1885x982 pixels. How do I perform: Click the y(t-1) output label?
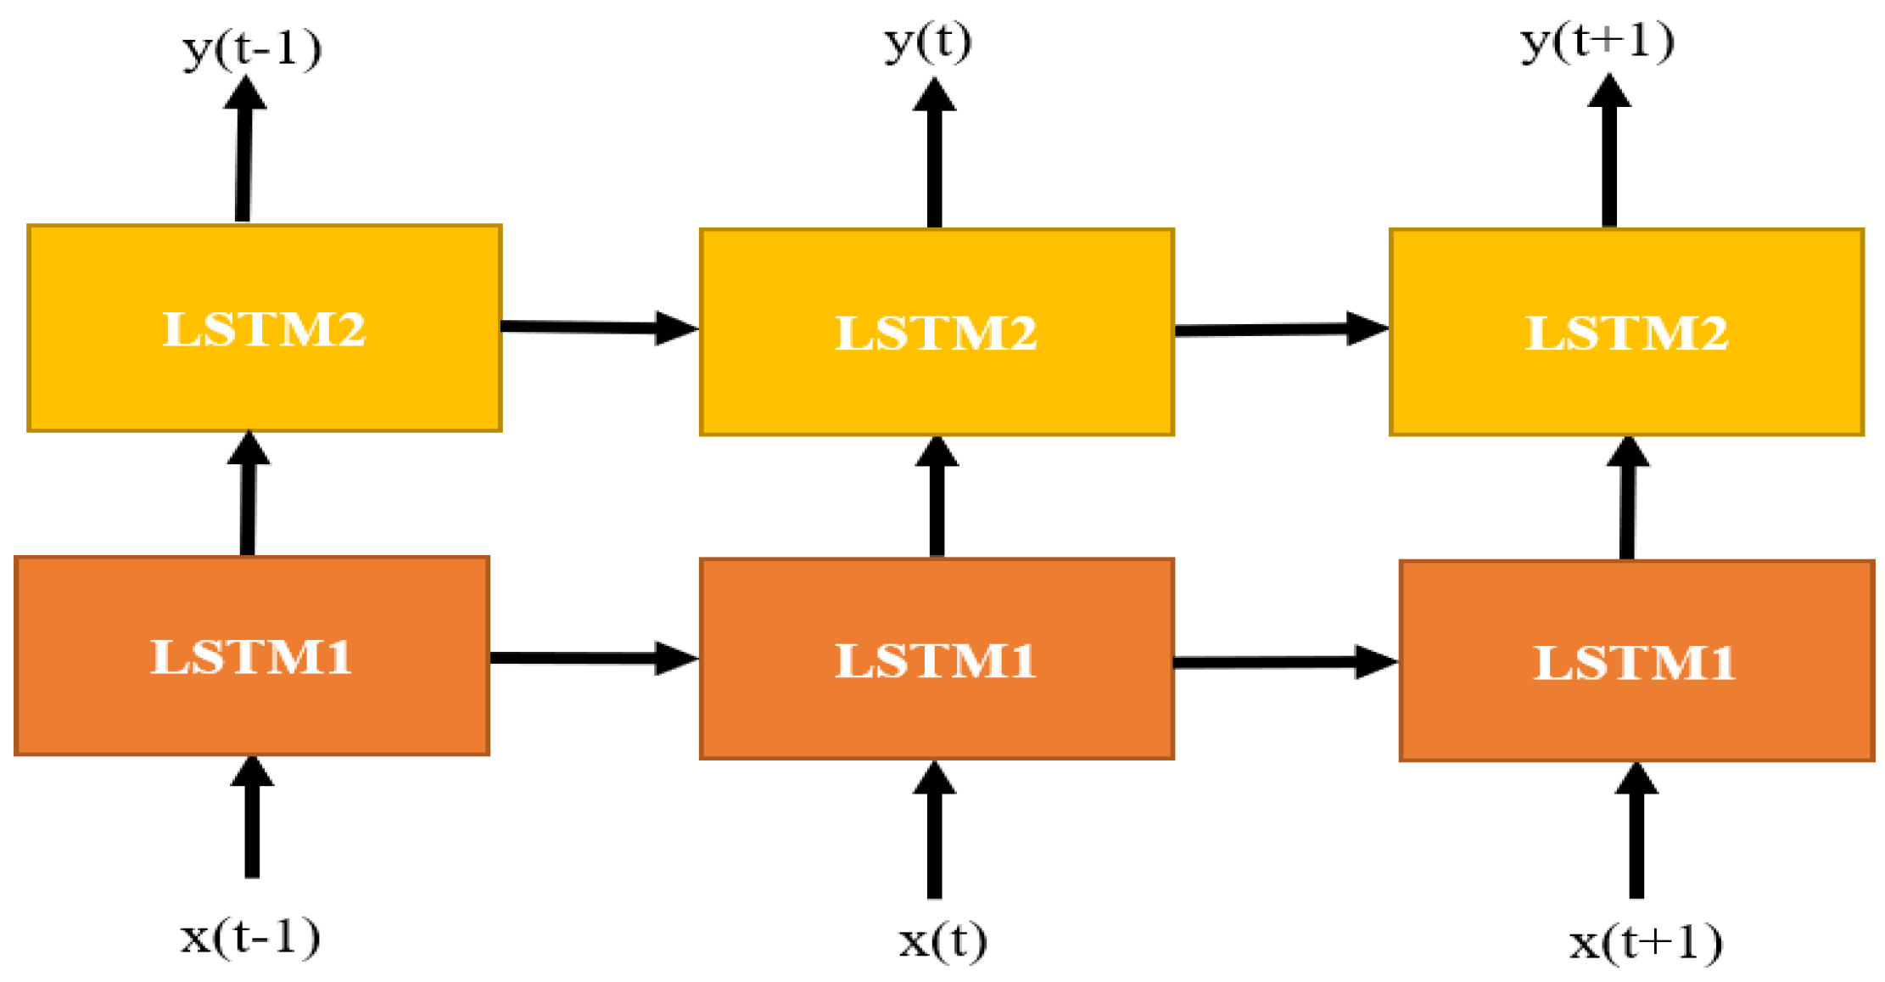pos(252,49)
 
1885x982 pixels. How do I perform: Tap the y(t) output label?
pos(927,42)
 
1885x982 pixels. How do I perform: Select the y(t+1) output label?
pos(1597,42)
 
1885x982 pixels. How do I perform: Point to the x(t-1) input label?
pos(250,937)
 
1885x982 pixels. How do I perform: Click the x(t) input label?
pos(942,940)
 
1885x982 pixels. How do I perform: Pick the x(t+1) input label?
pos(1645,942)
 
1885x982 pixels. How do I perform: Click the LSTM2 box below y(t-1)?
pos(265,328)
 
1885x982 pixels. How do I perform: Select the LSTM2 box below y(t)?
pos(937,332)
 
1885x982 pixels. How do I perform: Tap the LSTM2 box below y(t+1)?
pos(1626,332)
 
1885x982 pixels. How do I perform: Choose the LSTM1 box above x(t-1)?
pos(252,656)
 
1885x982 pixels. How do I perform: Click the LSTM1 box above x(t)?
pos(937,659)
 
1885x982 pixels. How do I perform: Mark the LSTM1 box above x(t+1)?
pos(1636,661)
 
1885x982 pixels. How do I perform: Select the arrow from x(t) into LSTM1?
pos(934,829)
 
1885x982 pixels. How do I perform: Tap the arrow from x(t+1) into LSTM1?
pos(1636,830)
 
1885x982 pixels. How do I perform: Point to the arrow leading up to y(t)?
pos(934,153)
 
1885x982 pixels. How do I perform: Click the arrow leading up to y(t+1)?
pos(1609,151)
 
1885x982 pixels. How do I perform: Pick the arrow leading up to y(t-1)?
pos(243,149)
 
